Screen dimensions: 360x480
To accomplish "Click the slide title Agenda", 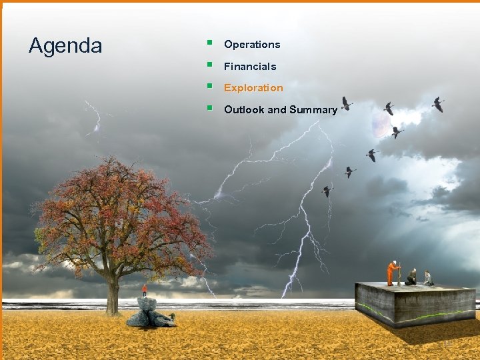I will point(65,46).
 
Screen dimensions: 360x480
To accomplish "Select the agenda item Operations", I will point(252,45).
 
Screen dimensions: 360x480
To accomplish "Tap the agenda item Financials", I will point(250,67).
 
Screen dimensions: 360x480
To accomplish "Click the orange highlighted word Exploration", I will point(253,88).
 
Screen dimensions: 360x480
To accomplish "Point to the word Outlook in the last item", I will point(244,110).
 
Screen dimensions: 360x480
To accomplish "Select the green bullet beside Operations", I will point(209,43).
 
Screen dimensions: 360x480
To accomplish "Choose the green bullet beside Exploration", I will point(209,87).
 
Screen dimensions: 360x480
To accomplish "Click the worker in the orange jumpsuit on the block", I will point(393,273).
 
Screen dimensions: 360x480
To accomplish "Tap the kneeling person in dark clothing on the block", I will point(411,277).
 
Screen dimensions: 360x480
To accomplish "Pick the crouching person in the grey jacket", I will point(427,278).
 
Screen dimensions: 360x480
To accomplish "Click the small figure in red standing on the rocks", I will point(145,290).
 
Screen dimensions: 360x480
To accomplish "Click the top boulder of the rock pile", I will point(147,304).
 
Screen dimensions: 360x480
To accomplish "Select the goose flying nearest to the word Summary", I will point(346,103).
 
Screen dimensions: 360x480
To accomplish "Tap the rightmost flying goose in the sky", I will point(438,104).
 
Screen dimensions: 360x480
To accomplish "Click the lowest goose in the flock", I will point(327,191).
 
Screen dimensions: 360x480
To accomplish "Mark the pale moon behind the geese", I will point(381,124).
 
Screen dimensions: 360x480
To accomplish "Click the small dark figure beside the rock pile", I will point(172,316).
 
